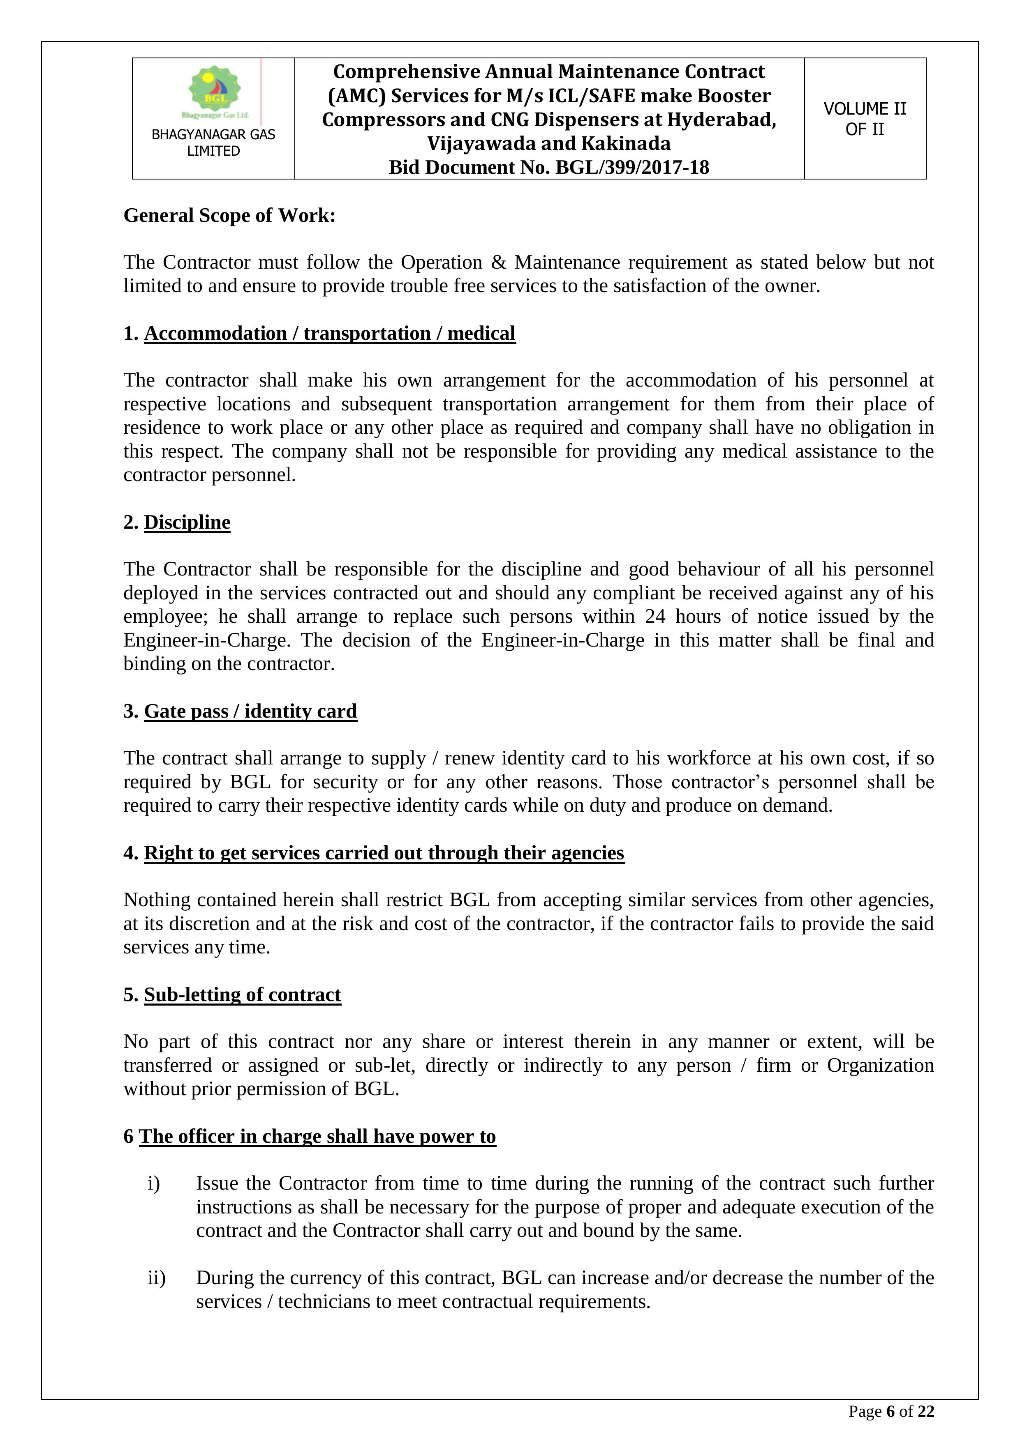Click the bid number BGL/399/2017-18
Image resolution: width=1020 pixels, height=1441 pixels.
630,168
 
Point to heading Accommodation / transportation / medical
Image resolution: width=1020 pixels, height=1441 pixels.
329,333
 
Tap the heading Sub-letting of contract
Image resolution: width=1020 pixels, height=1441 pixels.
243,995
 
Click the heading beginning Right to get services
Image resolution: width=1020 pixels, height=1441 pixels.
384,853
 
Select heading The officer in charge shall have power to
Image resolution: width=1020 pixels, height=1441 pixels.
317,1137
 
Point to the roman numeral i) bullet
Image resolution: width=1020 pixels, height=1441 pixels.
154,1184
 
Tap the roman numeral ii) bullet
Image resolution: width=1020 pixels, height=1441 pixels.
156,1278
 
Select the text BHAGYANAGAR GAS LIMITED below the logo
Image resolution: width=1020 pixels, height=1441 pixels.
213,143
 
